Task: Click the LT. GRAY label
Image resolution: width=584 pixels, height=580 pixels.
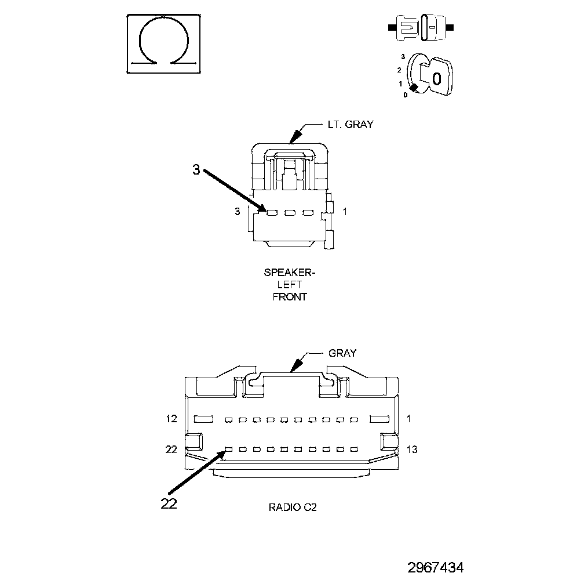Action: [x=350, y=125]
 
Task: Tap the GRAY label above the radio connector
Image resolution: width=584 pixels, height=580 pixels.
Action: [x=342, y=353]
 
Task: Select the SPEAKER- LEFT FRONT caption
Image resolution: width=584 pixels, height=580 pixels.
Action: [x=290, y=284]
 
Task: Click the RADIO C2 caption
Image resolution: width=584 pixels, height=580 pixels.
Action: [x=293, y=507]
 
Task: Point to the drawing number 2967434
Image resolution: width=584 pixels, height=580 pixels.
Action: [x=436, y=568]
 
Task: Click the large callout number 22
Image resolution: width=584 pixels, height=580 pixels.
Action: [x=169, y=503]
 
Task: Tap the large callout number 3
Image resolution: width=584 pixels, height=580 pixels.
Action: [x=196, y=170]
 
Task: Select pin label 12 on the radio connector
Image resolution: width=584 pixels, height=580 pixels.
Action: [x=171, y=419]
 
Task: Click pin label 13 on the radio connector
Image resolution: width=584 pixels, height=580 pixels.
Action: [x=411, y=449]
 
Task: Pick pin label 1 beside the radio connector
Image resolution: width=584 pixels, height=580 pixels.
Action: [x=408, y=419]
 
